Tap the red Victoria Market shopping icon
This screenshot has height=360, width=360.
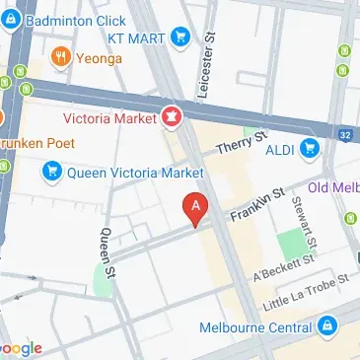tap(172, 117)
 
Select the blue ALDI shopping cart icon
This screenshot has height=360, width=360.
tap(310, 149)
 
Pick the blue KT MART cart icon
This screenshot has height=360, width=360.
tap(180, 37)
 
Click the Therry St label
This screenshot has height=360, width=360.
tap(243, 142)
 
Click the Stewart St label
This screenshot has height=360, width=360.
tap(303, 221)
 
